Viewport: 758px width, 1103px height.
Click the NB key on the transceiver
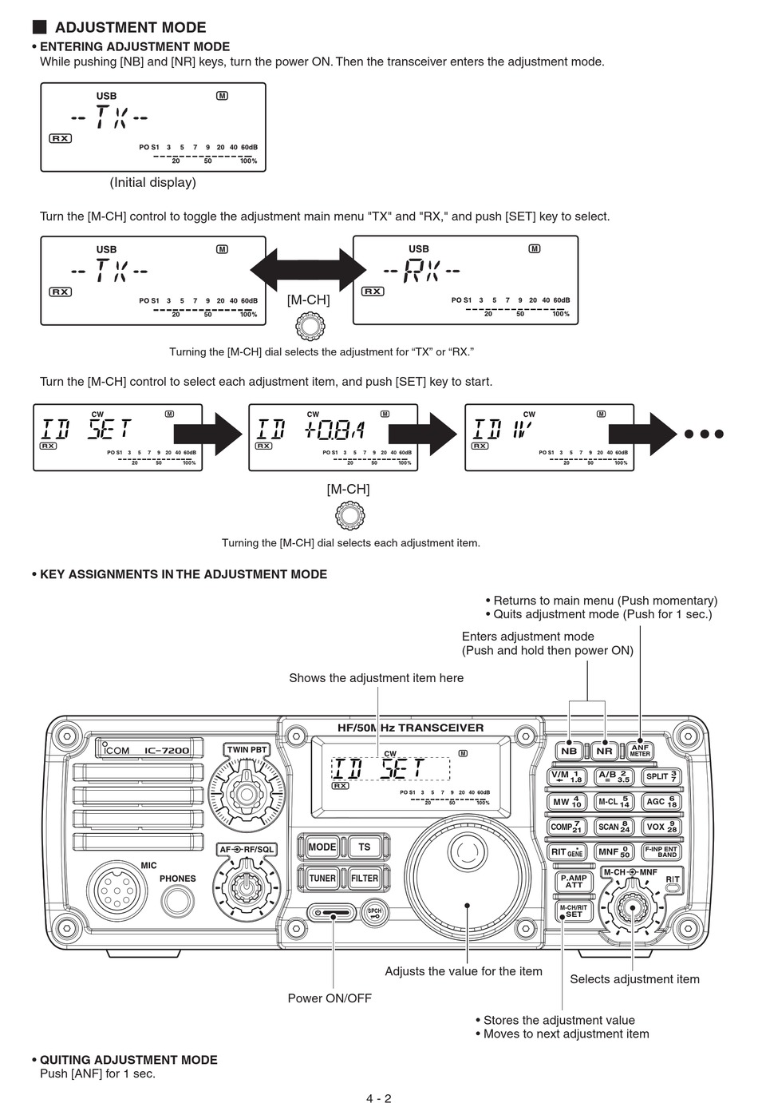(569, 751)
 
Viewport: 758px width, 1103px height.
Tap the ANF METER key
(640, 750)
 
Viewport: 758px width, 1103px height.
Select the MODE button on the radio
(322, 847)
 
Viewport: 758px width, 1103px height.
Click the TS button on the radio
(365, 847)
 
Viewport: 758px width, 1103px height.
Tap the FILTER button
(365, 878)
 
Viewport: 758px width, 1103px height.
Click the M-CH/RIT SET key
(573, 911)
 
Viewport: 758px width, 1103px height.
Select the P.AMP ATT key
(573, 882)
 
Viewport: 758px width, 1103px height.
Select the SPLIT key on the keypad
(661, 776)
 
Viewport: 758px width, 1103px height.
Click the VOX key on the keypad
(661, 827)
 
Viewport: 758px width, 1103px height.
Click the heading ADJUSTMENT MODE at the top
(130, 27)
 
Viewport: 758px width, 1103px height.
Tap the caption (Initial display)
(152, 182)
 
